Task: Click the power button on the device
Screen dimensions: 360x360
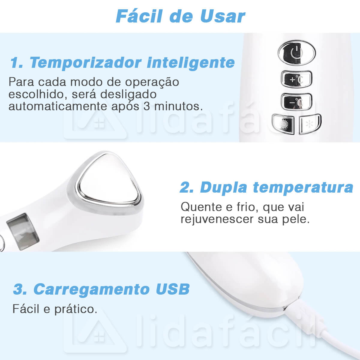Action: click(x=297, y=53)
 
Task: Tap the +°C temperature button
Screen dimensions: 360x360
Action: click(x=296, y=79)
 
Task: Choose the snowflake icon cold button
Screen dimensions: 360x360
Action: click(x=310, y=124)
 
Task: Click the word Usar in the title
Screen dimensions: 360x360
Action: click(x=222, y=16)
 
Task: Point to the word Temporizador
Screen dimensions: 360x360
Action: click(x=85, y=62)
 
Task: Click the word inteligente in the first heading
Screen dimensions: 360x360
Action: click(x=190, y=63)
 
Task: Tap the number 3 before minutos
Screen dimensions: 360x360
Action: click(x=147, y=106)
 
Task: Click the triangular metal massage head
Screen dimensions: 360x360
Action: click(x=109, y=182)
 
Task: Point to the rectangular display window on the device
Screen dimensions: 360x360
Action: click(x=23, y=232)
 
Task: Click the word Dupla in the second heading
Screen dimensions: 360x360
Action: click(x=223, y=188)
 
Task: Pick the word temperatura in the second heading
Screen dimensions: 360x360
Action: click(x=303, y=188)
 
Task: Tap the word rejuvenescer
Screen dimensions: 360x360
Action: click(x=217, y=219)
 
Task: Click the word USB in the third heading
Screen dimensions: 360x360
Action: click(x=172, y=289)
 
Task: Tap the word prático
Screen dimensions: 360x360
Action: click(x=76, y=309)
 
